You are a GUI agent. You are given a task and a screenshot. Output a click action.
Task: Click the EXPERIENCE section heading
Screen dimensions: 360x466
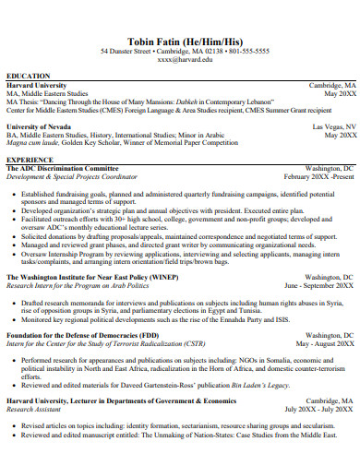(x=30, y=159)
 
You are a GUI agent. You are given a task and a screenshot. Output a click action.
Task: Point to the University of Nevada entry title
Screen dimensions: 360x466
(x=43, y=126)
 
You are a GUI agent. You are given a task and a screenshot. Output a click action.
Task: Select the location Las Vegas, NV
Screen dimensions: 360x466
(x=333, y=126)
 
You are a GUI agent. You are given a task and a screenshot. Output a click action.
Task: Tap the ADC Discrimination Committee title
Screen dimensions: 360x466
(x=63, y=169)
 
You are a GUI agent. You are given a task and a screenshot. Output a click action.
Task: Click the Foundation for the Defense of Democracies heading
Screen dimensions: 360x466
(x=82, y=335)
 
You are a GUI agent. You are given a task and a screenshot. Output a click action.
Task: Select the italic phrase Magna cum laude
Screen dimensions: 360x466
(x=33, y=143)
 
